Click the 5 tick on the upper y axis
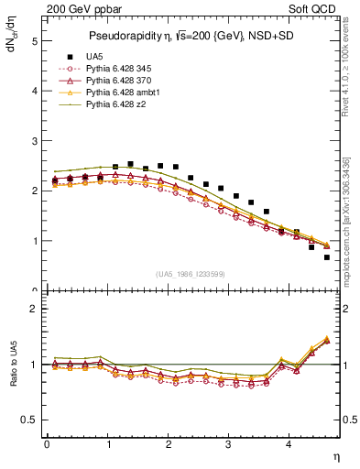[x=34, y=41]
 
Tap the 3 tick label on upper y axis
[x=34, y=141]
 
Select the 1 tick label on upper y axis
[x=34, y=241]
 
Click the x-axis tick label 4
[x=289, y=445]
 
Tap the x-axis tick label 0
[x=46, y=445]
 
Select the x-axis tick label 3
[x=229, y=445]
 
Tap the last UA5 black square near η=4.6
[x=327, y=257]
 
